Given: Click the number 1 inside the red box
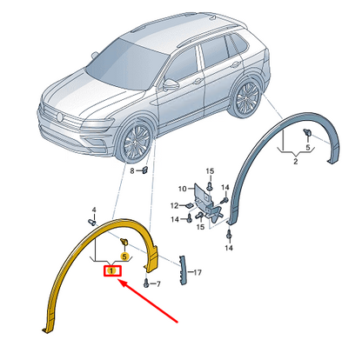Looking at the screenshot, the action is (x=111, y=270).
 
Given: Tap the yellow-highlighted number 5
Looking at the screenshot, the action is (x=124, y=257).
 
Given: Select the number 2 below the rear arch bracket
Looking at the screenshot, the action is (x=296, y=162).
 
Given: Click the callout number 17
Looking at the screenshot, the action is (x=198, y=272).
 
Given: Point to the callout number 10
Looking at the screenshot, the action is (x=183, y=189).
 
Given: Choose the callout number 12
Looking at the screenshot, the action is (x=174, y=206).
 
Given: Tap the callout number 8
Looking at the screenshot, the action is (x=132, y=171).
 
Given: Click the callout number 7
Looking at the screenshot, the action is (x=158, y=284).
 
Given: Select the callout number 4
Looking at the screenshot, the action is (x=94, y=210).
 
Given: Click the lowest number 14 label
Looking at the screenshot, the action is (x=229, y=248).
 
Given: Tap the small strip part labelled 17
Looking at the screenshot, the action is (x=183, y=270).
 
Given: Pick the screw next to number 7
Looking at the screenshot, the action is (x=146, y=283).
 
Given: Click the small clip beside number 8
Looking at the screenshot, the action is (x=144, y=170).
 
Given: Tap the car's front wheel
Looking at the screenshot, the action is (x=137, y=142).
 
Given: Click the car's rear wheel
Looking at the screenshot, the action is (x=247, y=97).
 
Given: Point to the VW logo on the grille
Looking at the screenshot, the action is (x=60, y=117).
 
